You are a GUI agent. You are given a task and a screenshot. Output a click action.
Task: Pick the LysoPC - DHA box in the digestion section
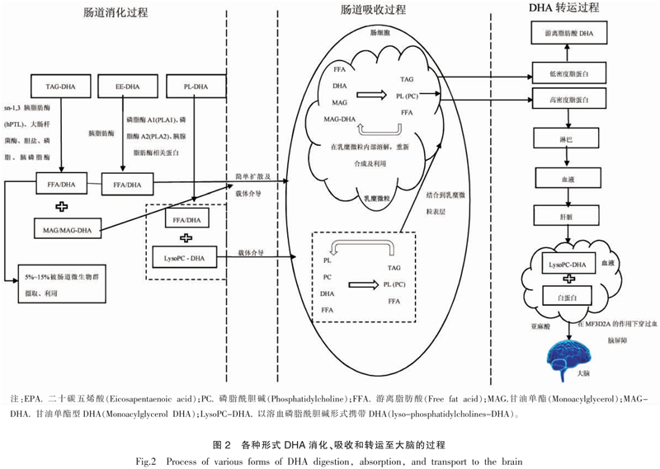click(183, 257)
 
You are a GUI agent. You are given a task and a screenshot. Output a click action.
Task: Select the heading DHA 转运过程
click(563, 8)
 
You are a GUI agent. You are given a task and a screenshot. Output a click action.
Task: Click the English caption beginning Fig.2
click(330, 458)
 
